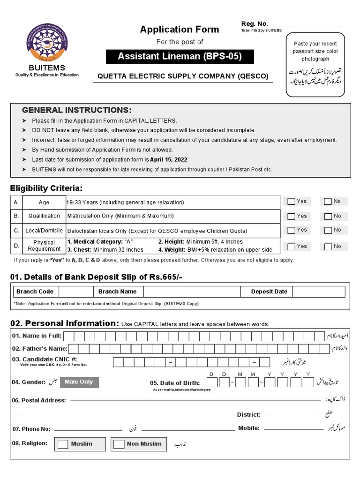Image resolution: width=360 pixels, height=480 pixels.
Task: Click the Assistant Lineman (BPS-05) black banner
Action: point(180,57)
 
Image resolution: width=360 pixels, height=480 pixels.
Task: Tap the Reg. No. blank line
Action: point(306,25)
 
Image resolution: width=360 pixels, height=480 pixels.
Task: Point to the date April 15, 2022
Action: point(168,159)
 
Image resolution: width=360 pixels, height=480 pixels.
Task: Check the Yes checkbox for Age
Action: point(292,202)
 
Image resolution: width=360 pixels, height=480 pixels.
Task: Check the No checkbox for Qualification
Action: point(328,216)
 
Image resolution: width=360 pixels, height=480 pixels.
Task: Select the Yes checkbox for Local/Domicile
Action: point(292,230)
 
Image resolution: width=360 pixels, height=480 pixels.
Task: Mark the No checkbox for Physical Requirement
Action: point(328,247)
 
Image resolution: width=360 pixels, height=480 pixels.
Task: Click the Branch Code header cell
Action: point(35,292)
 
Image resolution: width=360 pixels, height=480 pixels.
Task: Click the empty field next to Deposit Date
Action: point(319,292)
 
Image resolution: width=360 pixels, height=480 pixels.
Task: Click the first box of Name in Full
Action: point(68,336)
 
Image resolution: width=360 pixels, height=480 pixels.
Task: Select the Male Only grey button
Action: point(79,382)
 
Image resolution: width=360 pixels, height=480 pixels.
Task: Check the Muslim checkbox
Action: point(63,444)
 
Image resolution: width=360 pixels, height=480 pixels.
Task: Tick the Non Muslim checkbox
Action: point(120,444)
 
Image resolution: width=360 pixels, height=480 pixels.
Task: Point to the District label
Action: point(248,415)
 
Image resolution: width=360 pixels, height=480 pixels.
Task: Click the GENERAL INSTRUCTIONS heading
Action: point(77,110)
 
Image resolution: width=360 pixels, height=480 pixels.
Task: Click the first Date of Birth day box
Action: point(212,382)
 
